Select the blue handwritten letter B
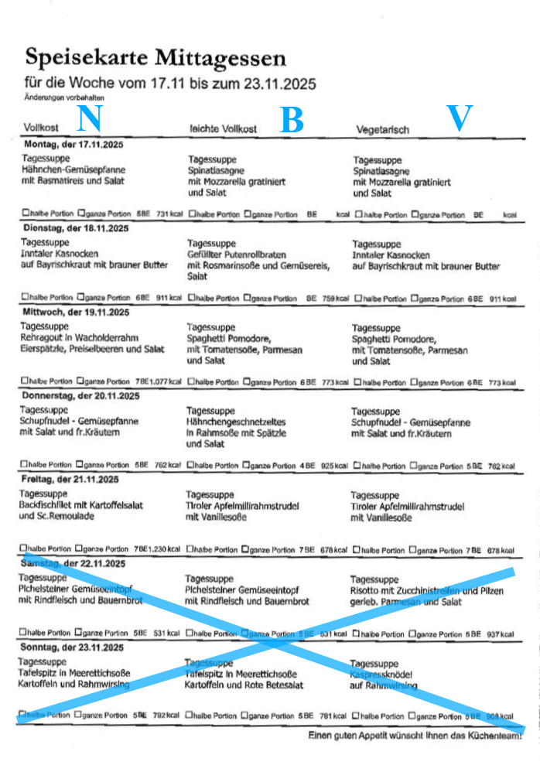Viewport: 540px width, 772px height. (x=291, y=121)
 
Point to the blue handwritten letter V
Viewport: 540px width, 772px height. (x=460, y=118)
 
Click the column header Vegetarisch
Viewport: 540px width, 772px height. (x=382, y=129)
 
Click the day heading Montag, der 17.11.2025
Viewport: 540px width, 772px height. (x=74, y=145)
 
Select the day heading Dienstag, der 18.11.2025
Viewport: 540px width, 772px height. (x=75, y=228)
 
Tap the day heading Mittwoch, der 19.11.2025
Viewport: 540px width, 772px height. (x=75, y=313)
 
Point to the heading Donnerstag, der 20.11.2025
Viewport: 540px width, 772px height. (x=80, y=396)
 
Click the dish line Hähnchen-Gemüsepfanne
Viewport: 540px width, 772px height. (x=73, y=169)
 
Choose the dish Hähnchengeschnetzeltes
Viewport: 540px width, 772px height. (x=236, y=422)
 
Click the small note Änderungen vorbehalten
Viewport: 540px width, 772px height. (x=63, y=98)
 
